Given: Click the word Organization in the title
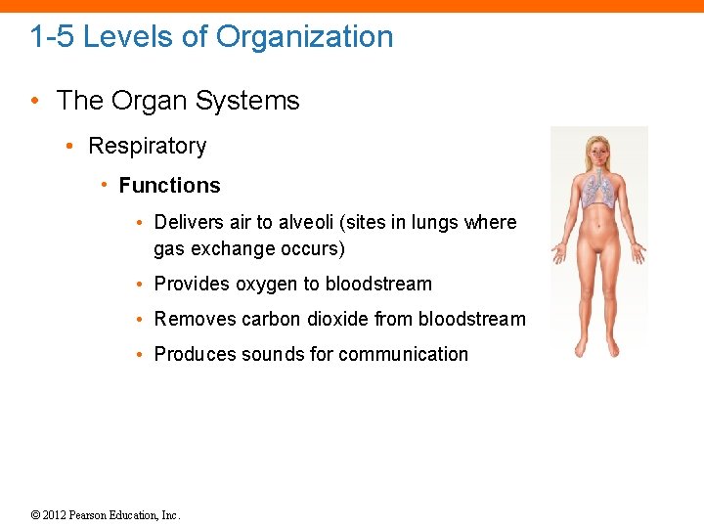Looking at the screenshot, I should coord(305,37).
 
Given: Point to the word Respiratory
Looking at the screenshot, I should coord(148,146).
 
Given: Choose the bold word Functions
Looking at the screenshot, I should coord(170,186).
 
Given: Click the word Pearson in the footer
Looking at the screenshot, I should coord(98,515).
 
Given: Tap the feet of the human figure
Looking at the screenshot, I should coord(597,350).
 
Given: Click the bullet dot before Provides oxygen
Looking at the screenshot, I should coord(143,285).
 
